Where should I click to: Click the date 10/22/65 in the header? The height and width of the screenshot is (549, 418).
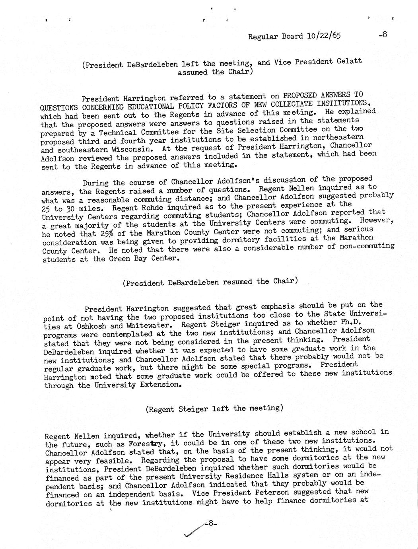(x=323, y=36)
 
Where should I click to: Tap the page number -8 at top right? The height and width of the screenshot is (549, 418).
(x=383, y=35)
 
